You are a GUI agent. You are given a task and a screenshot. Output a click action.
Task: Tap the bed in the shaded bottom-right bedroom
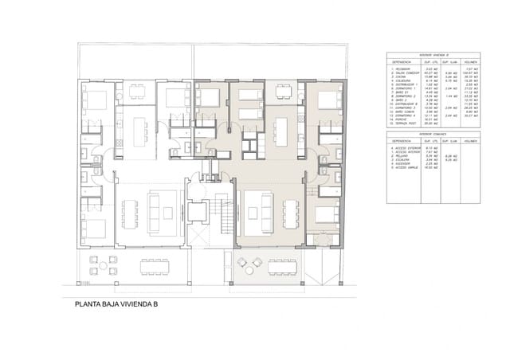point(325,215)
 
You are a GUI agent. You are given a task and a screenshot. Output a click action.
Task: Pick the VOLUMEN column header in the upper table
point(470,61)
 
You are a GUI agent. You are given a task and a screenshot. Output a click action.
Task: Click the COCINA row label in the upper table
point(398,77)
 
